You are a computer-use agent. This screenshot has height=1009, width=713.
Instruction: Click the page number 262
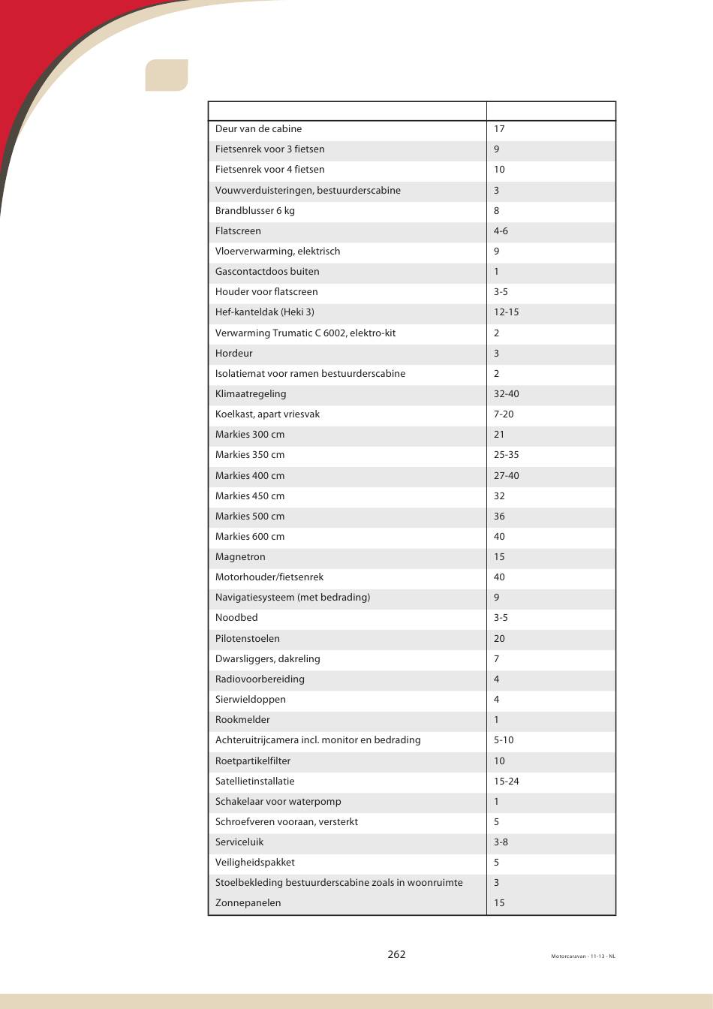(396, 954)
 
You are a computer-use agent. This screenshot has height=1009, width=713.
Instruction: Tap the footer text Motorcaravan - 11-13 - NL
(583, 956)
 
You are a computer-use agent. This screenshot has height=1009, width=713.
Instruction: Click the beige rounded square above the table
(167, 75)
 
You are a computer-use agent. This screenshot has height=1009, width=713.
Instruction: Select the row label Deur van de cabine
(258, 128)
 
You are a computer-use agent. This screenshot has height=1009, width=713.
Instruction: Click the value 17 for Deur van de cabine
(499, 128)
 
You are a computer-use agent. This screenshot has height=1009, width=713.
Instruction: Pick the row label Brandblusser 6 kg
(255, 210)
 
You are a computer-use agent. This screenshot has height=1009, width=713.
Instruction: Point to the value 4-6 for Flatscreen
(501, 230)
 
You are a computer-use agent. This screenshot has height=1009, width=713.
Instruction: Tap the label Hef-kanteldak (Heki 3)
(264, 312)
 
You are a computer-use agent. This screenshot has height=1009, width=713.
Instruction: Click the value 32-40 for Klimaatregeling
(506, 393)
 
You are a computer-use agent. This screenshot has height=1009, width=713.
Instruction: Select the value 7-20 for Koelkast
(504, 414)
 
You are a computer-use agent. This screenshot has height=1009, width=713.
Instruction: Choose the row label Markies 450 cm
(250, 495)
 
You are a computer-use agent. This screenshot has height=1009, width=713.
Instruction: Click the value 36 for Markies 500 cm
(499, 516)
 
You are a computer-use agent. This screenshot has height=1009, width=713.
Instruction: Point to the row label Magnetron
(240, 556)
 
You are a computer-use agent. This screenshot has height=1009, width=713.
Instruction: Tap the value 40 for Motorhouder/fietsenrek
(499, 577)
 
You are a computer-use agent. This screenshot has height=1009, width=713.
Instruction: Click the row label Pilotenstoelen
(248, 638)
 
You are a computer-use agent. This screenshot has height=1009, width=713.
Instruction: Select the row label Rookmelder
(242, 719)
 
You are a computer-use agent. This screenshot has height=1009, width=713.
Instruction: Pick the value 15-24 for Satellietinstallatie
(506, 781)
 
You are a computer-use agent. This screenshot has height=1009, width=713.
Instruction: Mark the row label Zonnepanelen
(248, 902)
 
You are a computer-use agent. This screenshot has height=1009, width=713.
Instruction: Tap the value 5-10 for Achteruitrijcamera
(504, 739)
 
